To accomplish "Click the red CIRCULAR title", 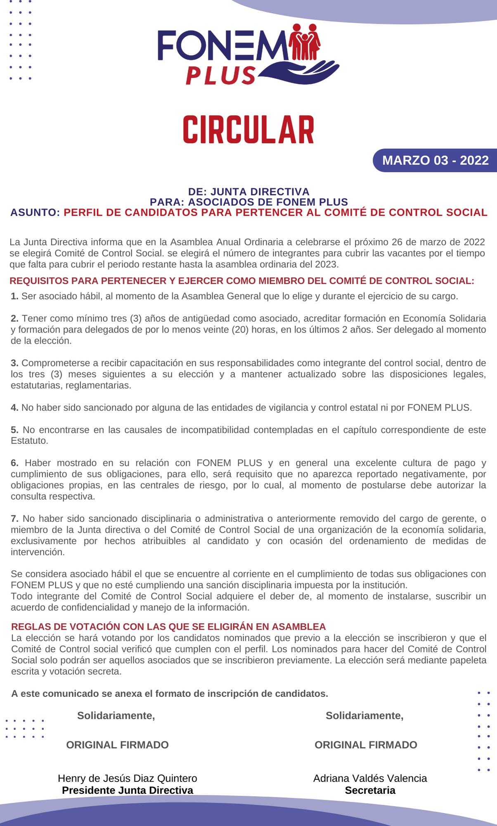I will pos(248,130).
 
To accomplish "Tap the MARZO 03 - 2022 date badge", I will pos(435,160).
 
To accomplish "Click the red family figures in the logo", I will pos(305,42).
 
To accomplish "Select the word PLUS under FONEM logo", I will pos(220,76).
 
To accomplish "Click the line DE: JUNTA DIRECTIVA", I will pos(248,192).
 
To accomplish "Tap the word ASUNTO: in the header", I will pos(35,212).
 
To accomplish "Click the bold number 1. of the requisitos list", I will pos(14,296).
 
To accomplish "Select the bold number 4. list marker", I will pos(14,408).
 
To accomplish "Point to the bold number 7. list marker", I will pos(14,518).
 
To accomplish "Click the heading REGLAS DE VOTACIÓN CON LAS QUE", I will pos(168,627).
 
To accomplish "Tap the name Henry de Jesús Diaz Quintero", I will pos(127,778).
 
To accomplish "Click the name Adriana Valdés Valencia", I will pos(370,778).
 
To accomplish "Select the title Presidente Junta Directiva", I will pos(127,790).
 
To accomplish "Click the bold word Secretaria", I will pos(370,790).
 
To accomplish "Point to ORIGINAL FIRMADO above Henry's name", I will pos(117,745).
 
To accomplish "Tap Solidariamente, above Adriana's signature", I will pos(364,715).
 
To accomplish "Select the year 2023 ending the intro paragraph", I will pos(326,264).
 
